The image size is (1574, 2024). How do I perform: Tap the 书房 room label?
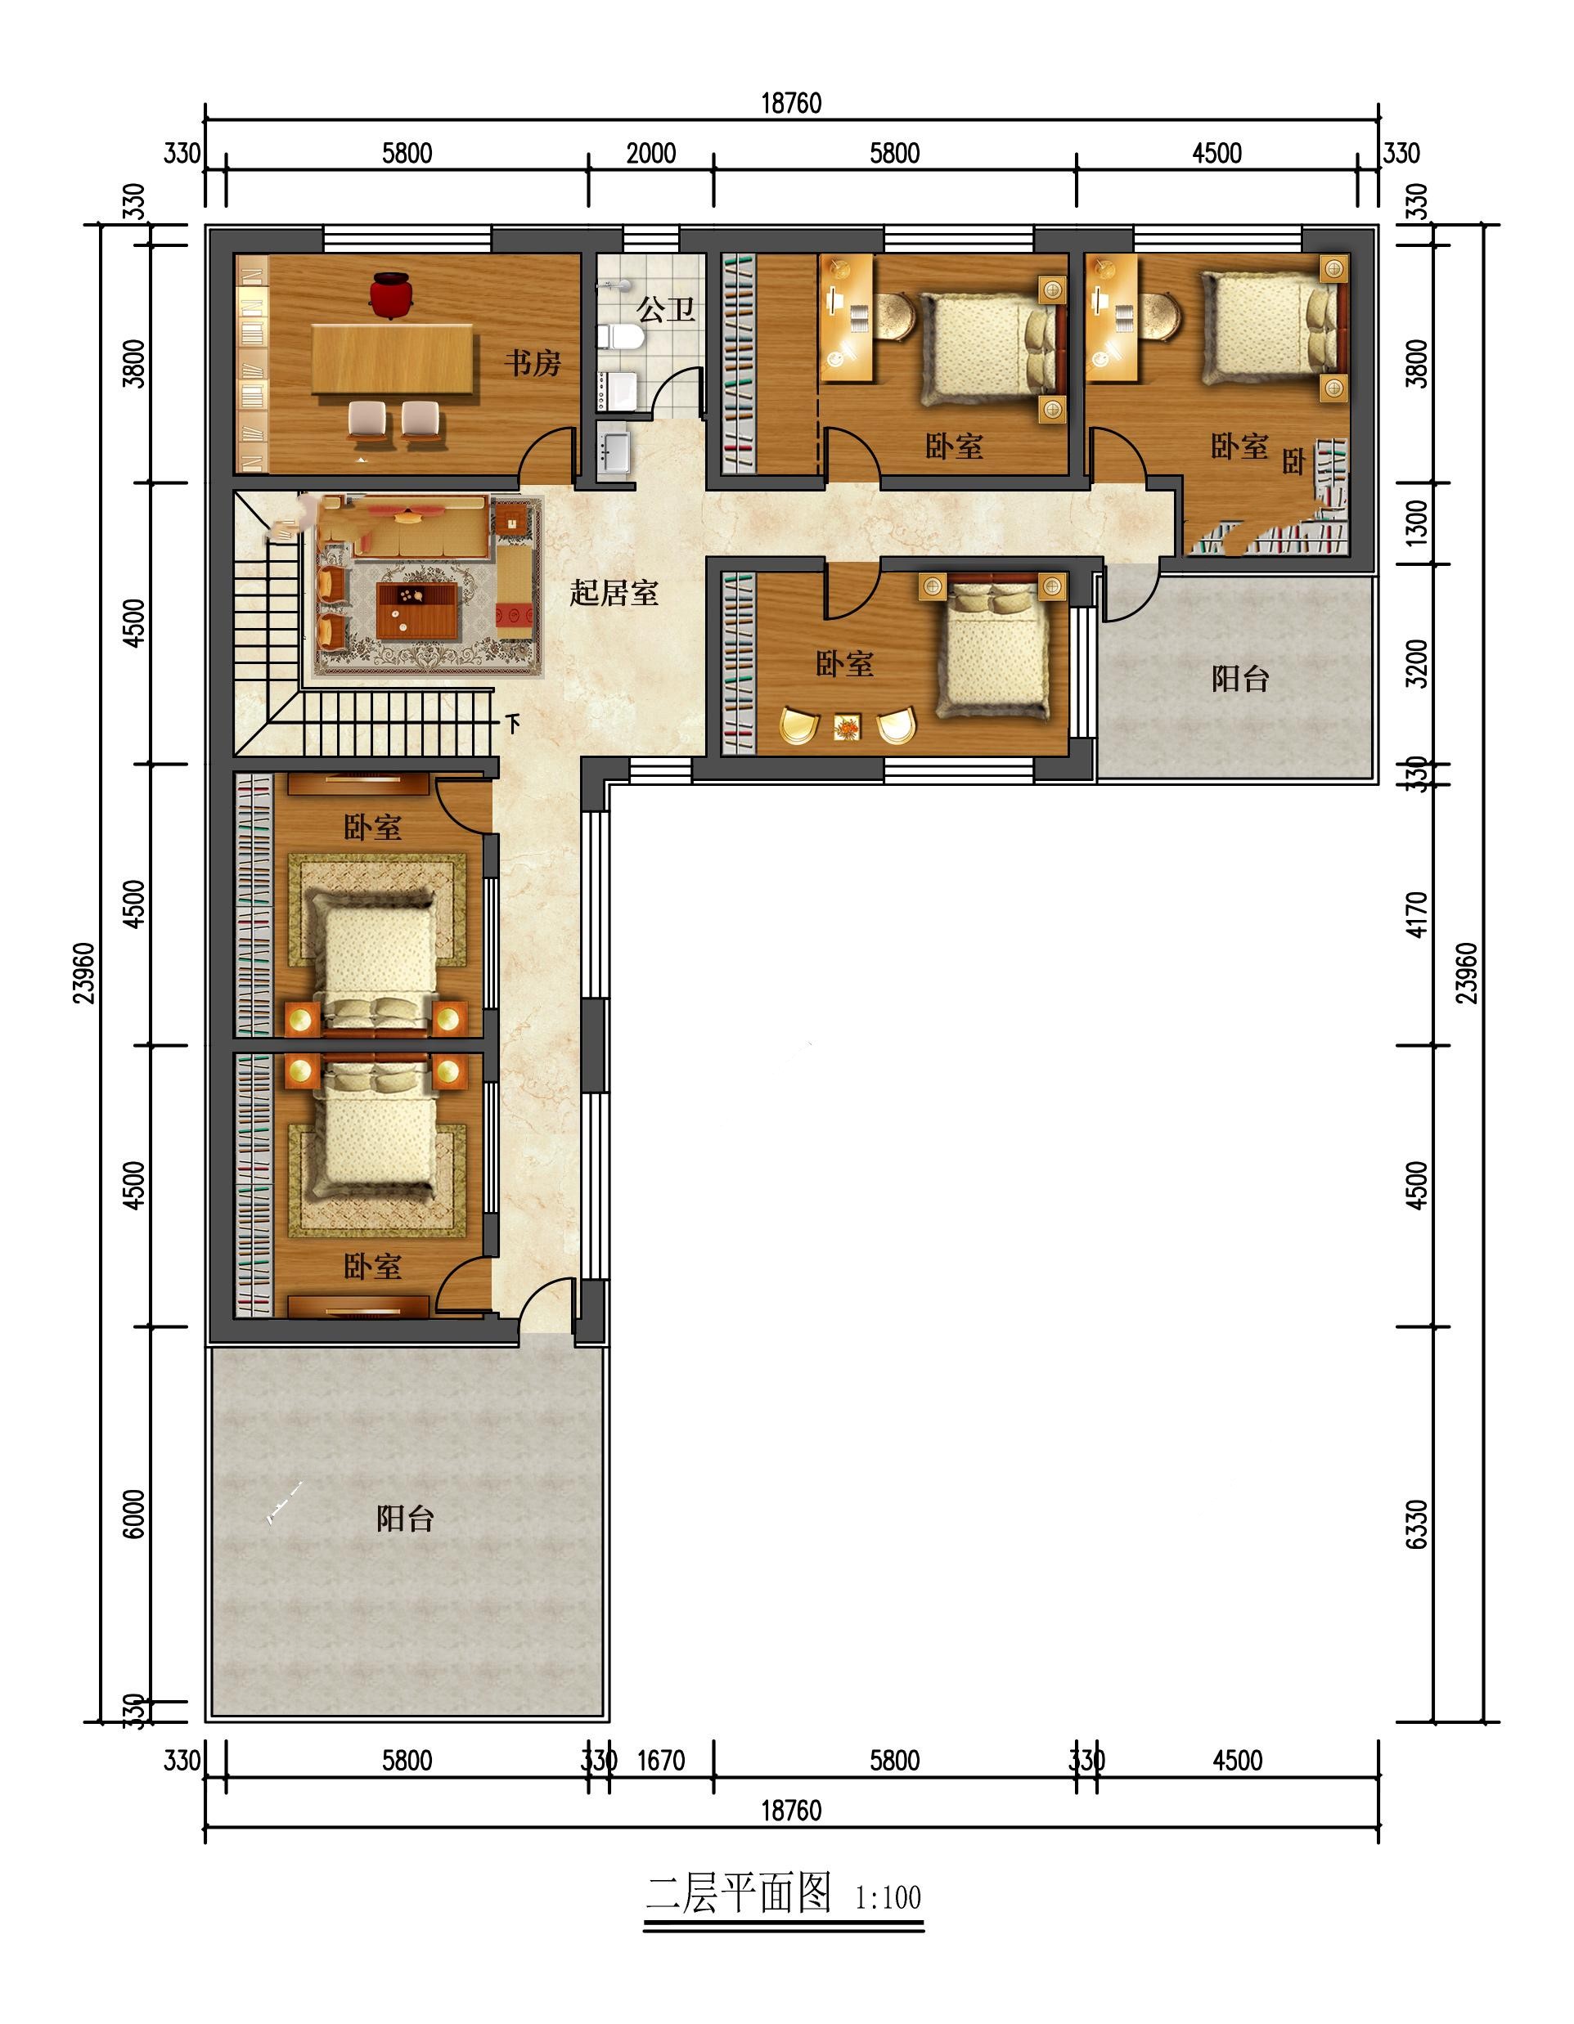point(533,362)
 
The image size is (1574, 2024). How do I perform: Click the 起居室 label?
point(614,592)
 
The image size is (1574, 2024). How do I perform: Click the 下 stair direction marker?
point(514,723)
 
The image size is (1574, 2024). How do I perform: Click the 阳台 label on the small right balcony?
point(1240,679)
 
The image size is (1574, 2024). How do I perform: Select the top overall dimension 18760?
point(792,103)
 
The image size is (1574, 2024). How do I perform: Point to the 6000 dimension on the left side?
point(134,1515)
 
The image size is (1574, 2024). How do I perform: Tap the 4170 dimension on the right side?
point(1418,913)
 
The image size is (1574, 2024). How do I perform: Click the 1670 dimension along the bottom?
point(661,1760)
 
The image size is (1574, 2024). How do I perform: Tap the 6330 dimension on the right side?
point(1418,1524)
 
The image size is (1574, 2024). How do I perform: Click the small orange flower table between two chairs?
point(848,726)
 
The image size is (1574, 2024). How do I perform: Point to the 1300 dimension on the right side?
point(1418,523)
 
